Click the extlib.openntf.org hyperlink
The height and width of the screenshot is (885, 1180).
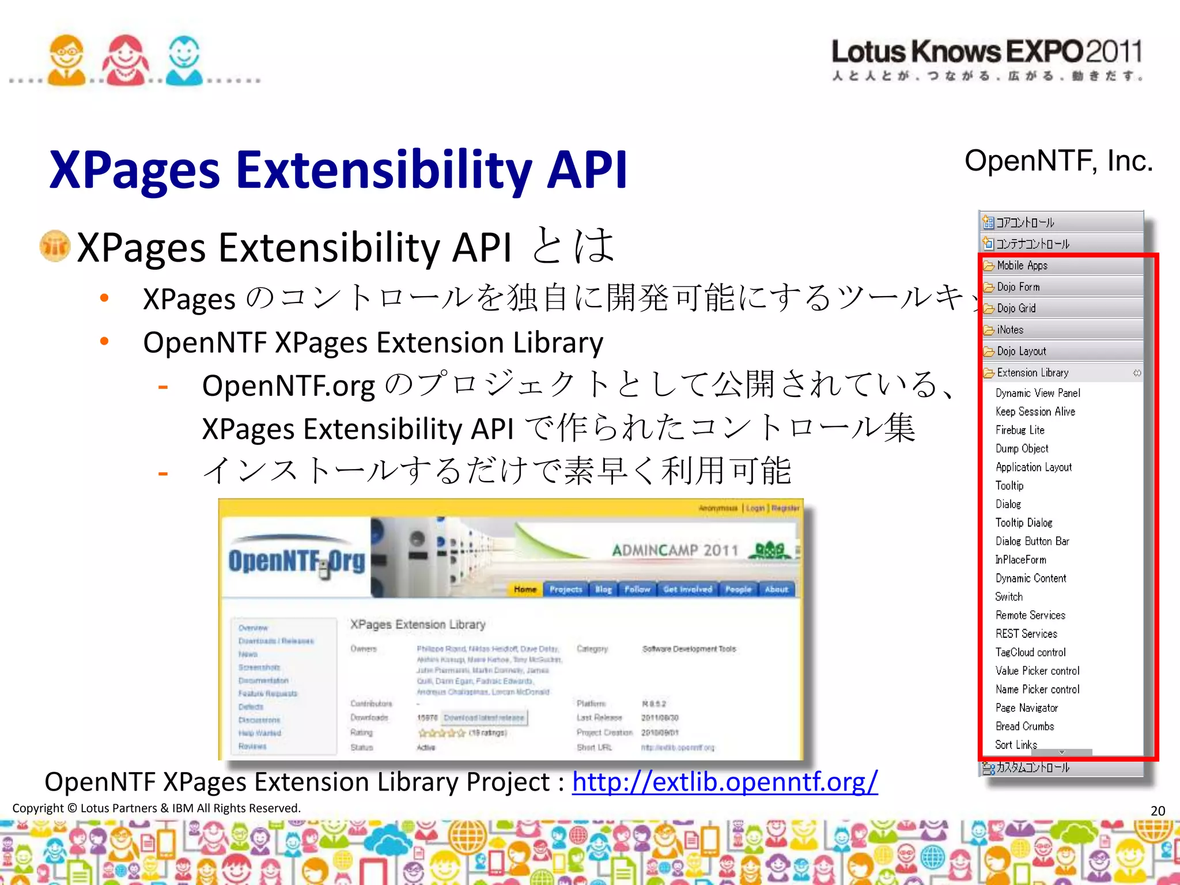pos(724,782)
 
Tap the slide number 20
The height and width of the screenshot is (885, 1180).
pos(1158,811)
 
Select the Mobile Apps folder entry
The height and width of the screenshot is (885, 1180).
pos(1022,266)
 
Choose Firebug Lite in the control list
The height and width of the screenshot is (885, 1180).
pos(1020,430)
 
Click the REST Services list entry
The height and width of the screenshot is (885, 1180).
pos(1026,634)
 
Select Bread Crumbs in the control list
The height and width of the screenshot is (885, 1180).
pos(1024,727)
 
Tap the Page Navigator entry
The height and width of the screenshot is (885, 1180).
pos(1026,708)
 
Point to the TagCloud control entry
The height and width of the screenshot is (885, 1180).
pos(1030,652)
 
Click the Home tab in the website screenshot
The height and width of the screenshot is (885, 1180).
pos(525,589)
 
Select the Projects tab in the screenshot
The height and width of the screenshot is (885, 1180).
pos(565,589)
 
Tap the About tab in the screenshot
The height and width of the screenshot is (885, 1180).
pos(776,589)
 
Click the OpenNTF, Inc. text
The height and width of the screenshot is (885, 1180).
pos(1058,161)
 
